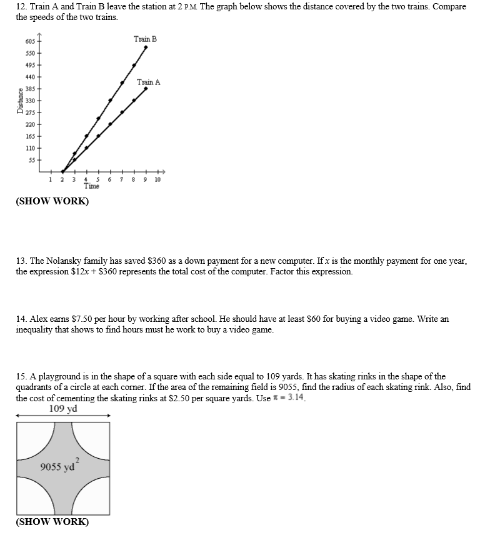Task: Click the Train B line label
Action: (145, 39)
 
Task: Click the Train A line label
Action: (149, 82)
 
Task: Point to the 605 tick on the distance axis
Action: (31, 41)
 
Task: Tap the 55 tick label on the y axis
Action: (31, 160)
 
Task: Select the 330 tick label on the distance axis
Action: (31, 101)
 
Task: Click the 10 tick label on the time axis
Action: (157, 180)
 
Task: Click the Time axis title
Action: (91, 186)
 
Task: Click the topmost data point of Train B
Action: (146, 47)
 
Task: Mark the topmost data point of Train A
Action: (146, 89)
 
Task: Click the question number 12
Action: (21, 6)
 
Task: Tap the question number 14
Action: (21, 319)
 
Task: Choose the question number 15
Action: (21, 376)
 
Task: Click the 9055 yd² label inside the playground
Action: (57, 467)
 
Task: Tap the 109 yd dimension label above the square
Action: (62, 409)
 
